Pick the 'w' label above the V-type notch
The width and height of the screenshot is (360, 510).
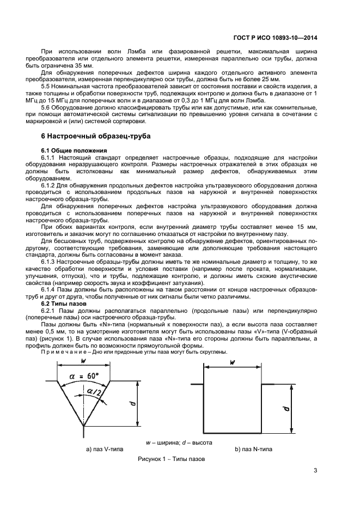point(83,361)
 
